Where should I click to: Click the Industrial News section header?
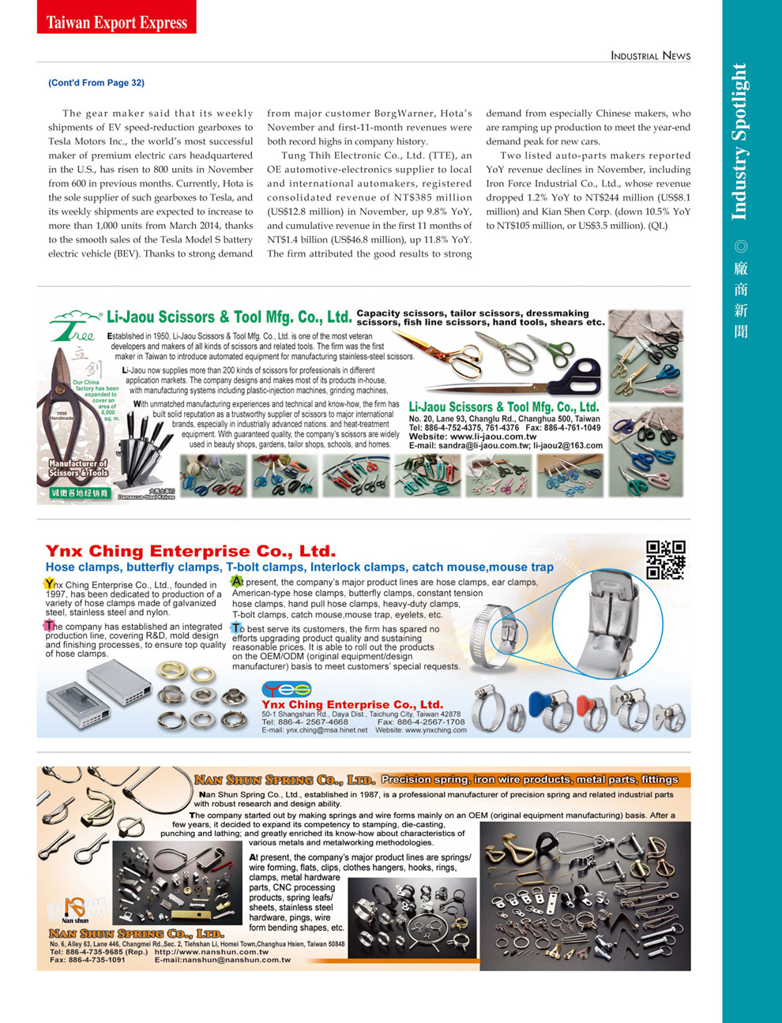coord(650,55)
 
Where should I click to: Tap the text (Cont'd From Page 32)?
coord(96,83)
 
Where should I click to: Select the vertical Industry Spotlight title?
coord(739,142)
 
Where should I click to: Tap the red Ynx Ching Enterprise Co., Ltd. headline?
coord(190,551)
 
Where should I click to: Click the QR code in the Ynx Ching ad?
coord(665,560)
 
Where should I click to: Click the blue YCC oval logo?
coord(287,689)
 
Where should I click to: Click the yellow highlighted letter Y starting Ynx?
coord(50,584)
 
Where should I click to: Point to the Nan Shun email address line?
coord(223,961)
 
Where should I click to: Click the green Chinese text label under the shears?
coord(80,493)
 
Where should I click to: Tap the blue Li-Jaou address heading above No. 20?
coord(504,407)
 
